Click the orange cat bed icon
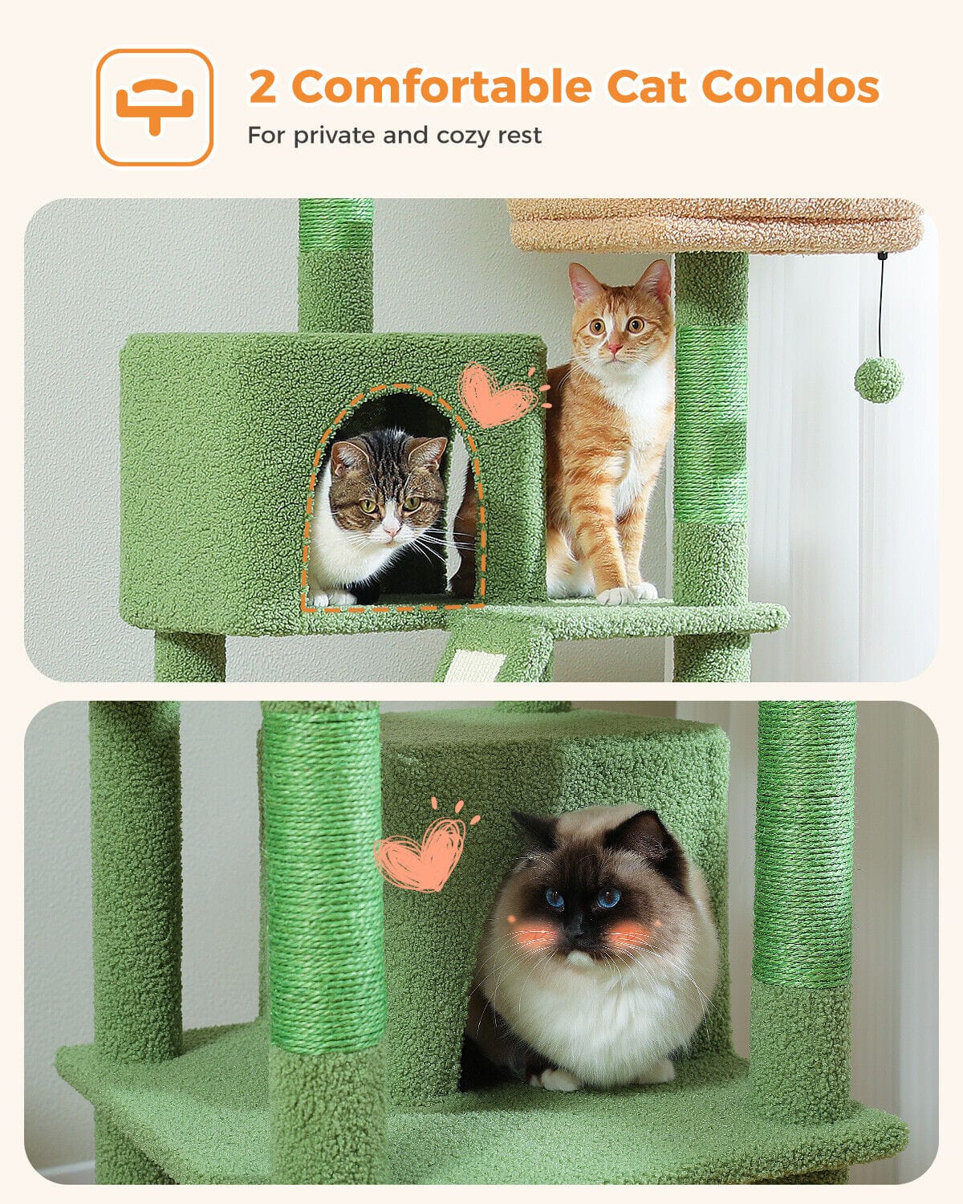click(x=154, y=107)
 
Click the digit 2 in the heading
click(x=262, y=86)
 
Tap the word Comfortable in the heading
click(x=442, y=86)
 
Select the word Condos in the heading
click(x=790, y=86)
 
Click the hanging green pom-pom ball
click(x=879, y=380)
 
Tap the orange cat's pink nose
click(x=615, y=348)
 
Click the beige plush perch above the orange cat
click(x=714, y=225)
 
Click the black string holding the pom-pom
click(x=882, y=306)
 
